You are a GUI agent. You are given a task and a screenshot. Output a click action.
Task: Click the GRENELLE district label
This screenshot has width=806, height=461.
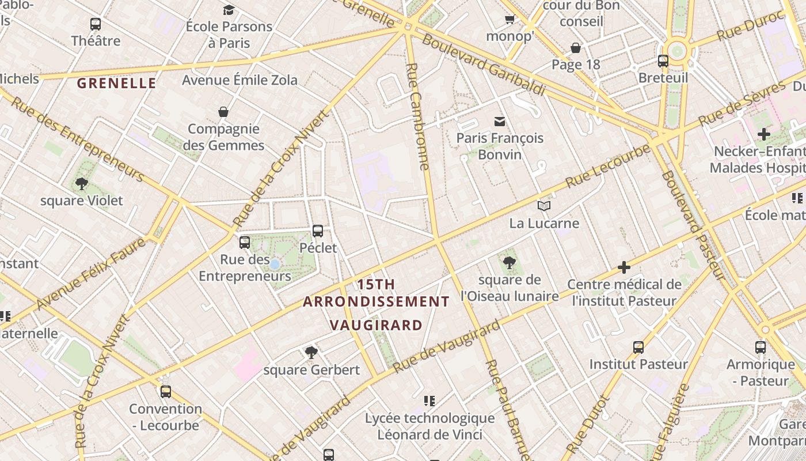pyautogui.click(x=116, y=84)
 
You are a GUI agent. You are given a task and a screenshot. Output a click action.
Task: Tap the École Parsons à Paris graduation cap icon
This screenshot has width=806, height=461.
pyautogui.click(x=229, y=10)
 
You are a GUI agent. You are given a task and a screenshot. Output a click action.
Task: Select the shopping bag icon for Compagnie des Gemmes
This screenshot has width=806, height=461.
pyautogui.click(x=223, y=112)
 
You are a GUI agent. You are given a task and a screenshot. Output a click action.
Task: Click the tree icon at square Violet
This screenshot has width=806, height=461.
pyautogui.click(x=81, y=184)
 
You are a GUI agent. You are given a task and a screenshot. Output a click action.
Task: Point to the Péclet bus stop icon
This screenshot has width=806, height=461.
pyautogui.click(x=317, y=231)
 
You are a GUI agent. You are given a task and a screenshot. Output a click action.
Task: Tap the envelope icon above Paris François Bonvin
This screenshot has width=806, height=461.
pyautogui.click(x=499, y=121)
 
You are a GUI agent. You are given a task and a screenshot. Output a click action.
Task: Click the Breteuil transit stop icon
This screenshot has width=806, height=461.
pyautogui.click(x=663, y=61)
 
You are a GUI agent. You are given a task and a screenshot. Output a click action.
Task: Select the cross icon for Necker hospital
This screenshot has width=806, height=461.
pyautogui.click(x=763, y=135)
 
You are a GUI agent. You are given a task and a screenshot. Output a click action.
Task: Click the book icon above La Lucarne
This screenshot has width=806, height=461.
pyautogui.click(x=543, y=206)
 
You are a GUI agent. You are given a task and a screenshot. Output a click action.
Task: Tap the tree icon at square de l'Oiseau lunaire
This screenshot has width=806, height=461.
pyautogui.click(x=509, y=263)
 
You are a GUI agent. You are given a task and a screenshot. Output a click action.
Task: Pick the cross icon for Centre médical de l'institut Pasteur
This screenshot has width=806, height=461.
pyautogui.click(x=624, y=267)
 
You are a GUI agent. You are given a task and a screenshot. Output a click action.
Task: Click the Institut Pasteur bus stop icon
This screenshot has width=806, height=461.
pyautogui.click(x=638, y=347)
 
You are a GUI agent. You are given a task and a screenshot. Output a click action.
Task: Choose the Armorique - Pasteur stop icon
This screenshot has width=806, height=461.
pyautogui.click(x=761, y=347)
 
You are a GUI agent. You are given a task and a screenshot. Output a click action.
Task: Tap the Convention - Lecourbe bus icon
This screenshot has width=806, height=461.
pyautogui.click(x=165, y=392)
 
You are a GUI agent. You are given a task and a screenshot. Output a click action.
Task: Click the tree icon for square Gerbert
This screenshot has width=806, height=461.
pyautogui.click(x=311, y=352)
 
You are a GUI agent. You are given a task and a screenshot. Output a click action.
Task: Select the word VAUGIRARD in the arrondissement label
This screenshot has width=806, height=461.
pyautogui.click(x=377, y=325)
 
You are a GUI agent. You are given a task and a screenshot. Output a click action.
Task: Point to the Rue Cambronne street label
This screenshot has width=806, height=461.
pyautogui.click(x=418, y=115)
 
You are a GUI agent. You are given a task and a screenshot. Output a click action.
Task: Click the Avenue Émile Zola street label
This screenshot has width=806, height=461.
pyautogui.click(x=239, y=80)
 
